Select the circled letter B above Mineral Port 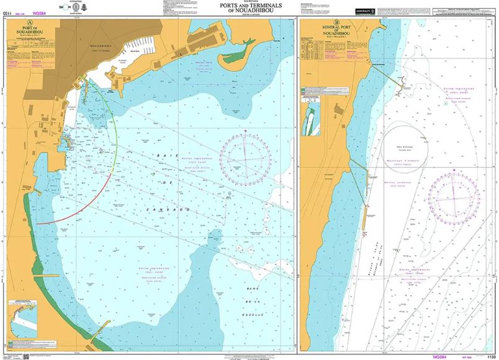point(336,23)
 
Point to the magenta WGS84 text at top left point(40,12)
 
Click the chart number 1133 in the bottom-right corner point(490,357)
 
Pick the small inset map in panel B point(310,119)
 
